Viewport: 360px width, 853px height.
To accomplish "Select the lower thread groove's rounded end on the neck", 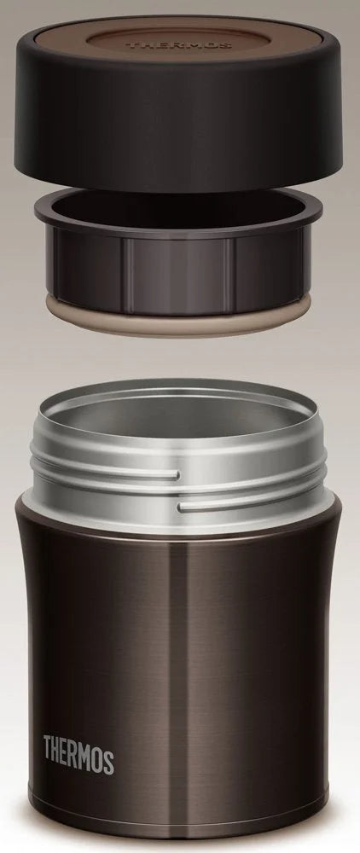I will [182, 507].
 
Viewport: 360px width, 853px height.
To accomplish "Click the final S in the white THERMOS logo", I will [108, 757].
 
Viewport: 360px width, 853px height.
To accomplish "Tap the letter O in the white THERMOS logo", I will [99, 757].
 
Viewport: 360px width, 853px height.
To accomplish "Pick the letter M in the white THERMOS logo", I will [87, 757].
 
